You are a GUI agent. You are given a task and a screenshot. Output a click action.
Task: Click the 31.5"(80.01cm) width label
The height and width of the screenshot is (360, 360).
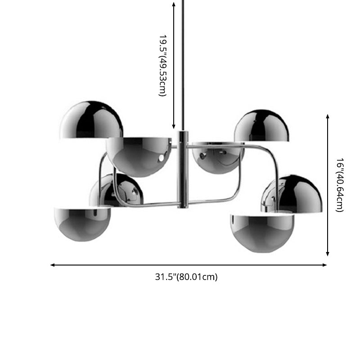click(x=186, y=277)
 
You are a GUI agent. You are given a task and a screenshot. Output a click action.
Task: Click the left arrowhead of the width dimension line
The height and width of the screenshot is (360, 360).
click(x=53, y=265)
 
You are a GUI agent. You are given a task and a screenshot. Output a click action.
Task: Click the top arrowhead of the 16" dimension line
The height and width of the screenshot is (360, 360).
click(x=328, y=117)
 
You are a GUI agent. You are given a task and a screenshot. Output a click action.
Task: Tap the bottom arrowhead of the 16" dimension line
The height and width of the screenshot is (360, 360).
click(x=328, y=254)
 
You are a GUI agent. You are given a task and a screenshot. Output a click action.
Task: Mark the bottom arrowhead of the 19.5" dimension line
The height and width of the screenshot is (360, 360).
click(x=174, y=127)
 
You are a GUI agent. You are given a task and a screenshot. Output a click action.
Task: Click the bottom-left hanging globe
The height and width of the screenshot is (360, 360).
click(x=82, y=223)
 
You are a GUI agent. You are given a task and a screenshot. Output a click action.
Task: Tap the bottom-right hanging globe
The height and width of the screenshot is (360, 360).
click(x=262, y=233)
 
